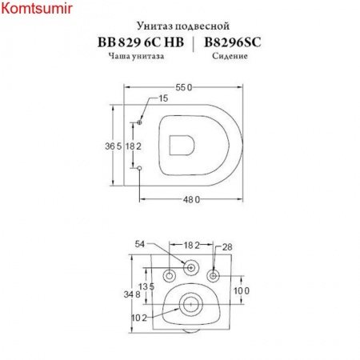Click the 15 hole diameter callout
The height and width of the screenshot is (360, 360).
[x=163, y=98]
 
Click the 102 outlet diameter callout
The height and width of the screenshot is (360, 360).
[x=138, y=318]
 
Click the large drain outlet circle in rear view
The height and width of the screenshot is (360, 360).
[x=190, y=303]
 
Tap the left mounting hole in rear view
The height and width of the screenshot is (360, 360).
[x=170, y=276]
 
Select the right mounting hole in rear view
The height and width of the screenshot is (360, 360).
[x=213, y=276]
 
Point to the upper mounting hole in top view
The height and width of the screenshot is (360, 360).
[x=140, y=122]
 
